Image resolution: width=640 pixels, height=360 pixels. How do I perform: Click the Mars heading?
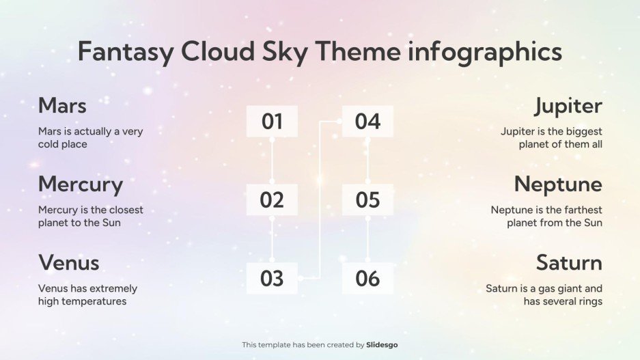tap(62, 106)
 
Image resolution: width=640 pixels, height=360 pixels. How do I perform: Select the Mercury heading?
tap(81, 184)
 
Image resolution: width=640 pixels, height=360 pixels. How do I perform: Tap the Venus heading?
tap(69, 263)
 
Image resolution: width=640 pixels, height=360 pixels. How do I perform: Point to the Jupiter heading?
tap(568, 106)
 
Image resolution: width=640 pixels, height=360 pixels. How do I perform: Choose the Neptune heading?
tap(558, 184)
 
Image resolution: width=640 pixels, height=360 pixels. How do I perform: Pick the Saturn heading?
tap(568, 263)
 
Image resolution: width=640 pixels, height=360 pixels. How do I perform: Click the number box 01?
tap(272, 122)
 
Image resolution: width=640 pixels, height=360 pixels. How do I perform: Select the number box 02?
tap(272, 200)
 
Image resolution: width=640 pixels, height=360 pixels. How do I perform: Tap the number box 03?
tap(272, 279)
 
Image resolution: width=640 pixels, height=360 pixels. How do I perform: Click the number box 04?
tap(367, 122)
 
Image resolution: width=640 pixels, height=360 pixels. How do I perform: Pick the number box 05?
tap(367, 200)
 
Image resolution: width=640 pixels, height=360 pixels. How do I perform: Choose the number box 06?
tap(367, 279)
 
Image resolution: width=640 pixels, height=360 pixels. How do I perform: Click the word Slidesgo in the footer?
tap(382, 345)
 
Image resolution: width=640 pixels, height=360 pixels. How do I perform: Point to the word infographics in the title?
tap(485, 52)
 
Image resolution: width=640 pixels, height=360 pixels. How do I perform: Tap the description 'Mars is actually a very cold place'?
tap(90, 138)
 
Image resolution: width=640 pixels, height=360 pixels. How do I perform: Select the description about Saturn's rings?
tap(544, 295)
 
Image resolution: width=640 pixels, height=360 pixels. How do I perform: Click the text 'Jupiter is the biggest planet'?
tap(551, 138)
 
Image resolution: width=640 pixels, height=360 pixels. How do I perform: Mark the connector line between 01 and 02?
tap(272, 161)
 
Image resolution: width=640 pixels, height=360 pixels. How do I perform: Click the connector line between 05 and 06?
tap(367, 239)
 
